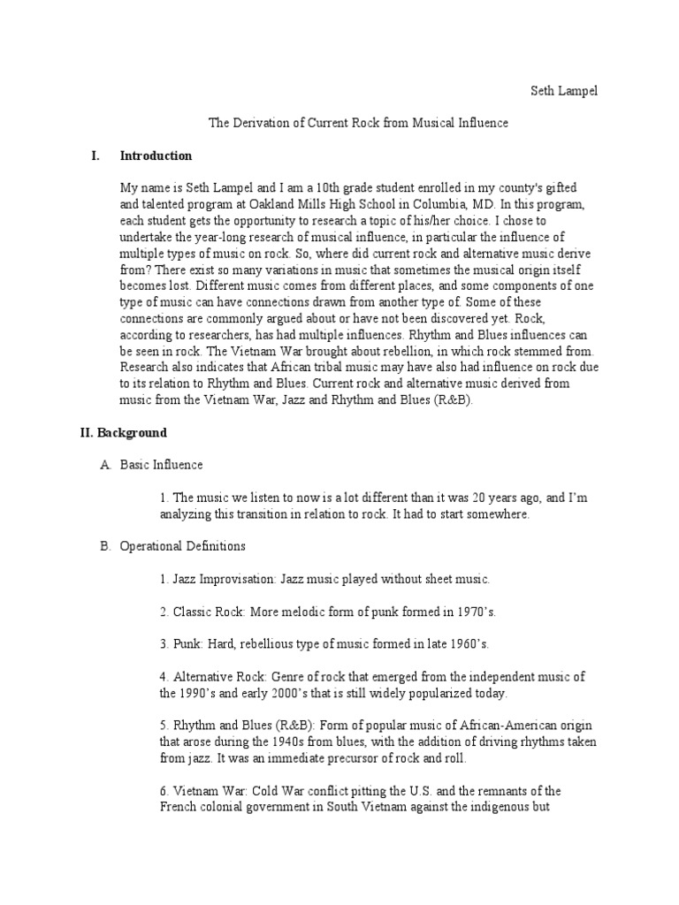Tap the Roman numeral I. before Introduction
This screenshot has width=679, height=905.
95,156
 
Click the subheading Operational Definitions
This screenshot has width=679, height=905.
183,546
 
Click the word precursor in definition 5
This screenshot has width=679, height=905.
332,758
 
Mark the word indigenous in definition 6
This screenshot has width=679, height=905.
499,807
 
